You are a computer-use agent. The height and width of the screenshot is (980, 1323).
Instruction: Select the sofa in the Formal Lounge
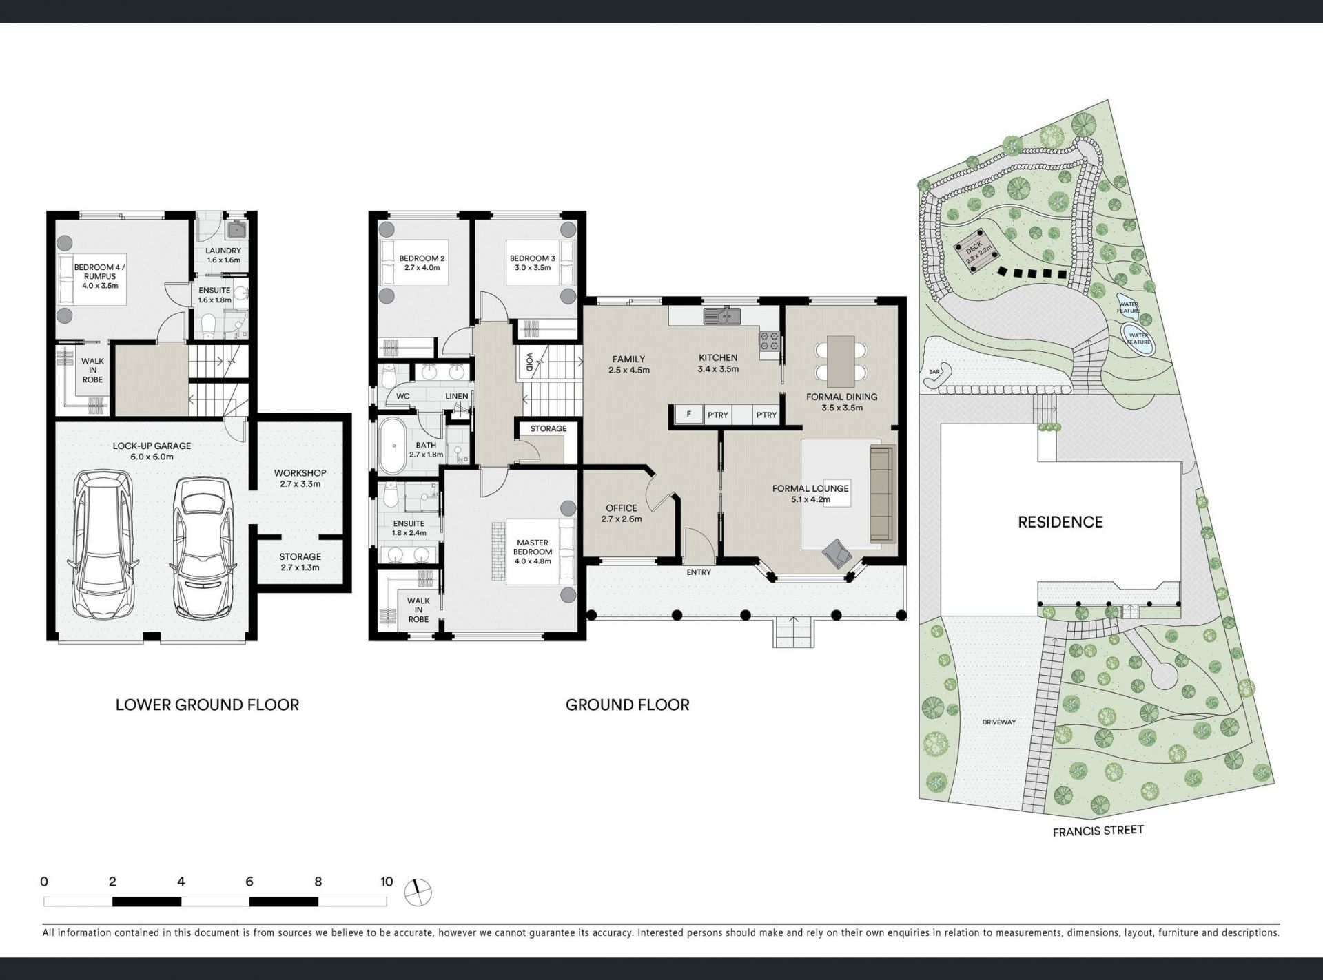pyautogui.click(x=881, y=493)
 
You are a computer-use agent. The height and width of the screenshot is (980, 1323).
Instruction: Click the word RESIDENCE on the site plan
pyautogui.click(x=1060, y=522)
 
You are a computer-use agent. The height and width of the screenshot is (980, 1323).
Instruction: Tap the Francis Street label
pyautogui.click(x=1098, y=831)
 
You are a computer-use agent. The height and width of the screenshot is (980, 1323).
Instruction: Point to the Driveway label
pyautogui.click(x=998, y=722)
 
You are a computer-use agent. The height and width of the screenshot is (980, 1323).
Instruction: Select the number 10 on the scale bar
pyautogui.click(x=386, y=882)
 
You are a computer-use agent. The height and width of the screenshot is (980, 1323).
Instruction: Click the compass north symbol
pyautogui.click(x=418, y=893)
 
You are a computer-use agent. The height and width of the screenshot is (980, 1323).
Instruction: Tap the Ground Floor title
pyautogui.click(x=627, y=705)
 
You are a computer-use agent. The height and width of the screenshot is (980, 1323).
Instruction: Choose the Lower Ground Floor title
pyautogui.click(x=207, y=705)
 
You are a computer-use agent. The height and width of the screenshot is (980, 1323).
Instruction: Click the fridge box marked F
pyautogui.click(x=688, y=414)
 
